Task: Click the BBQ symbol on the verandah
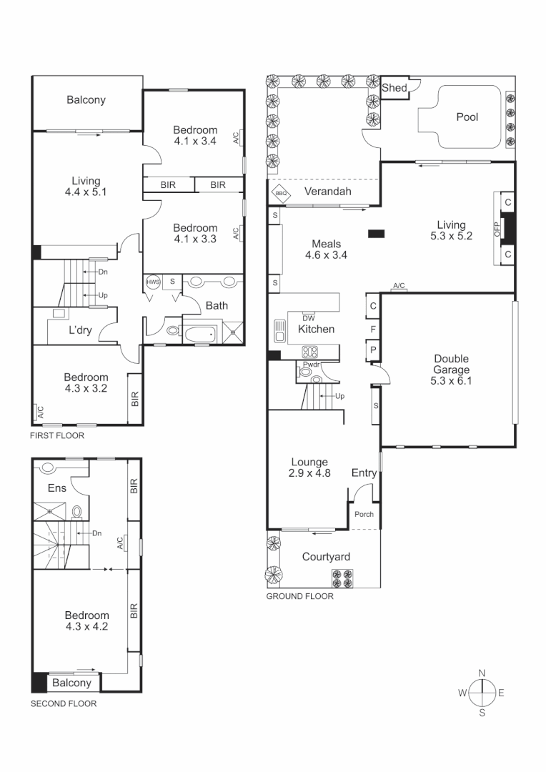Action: (281, 192)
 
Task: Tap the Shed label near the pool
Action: (394, 88)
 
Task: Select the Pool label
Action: (467, 117)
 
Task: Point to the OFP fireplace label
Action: (497, 229)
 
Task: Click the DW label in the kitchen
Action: (309, 317)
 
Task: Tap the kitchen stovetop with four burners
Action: (312, 352)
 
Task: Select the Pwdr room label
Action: (312, 365)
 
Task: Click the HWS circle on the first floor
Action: (153, 282)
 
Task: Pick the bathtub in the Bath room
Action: (201, 334)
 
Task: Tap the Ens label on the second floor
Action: (57, 488)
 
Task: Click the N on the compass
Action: (482, 673)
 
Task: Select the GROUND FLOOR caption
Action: (299, 595)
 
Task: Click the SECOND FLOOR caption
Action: (63, 703)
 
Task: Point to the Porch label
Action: (364, 515)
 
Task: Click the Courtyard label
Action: (325, 557)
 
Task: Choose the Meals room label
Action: (326, 244)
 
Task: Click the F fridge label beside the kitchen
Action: (373, 330)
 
